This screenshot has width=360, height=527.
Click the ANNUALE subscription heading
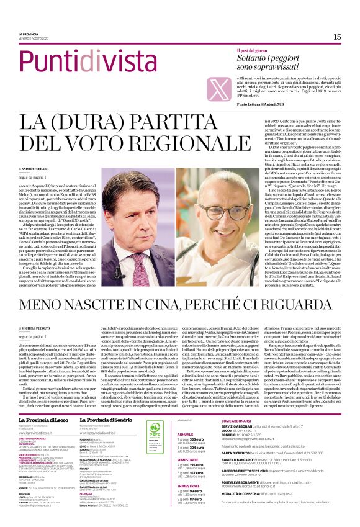[x=186, y=417]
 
